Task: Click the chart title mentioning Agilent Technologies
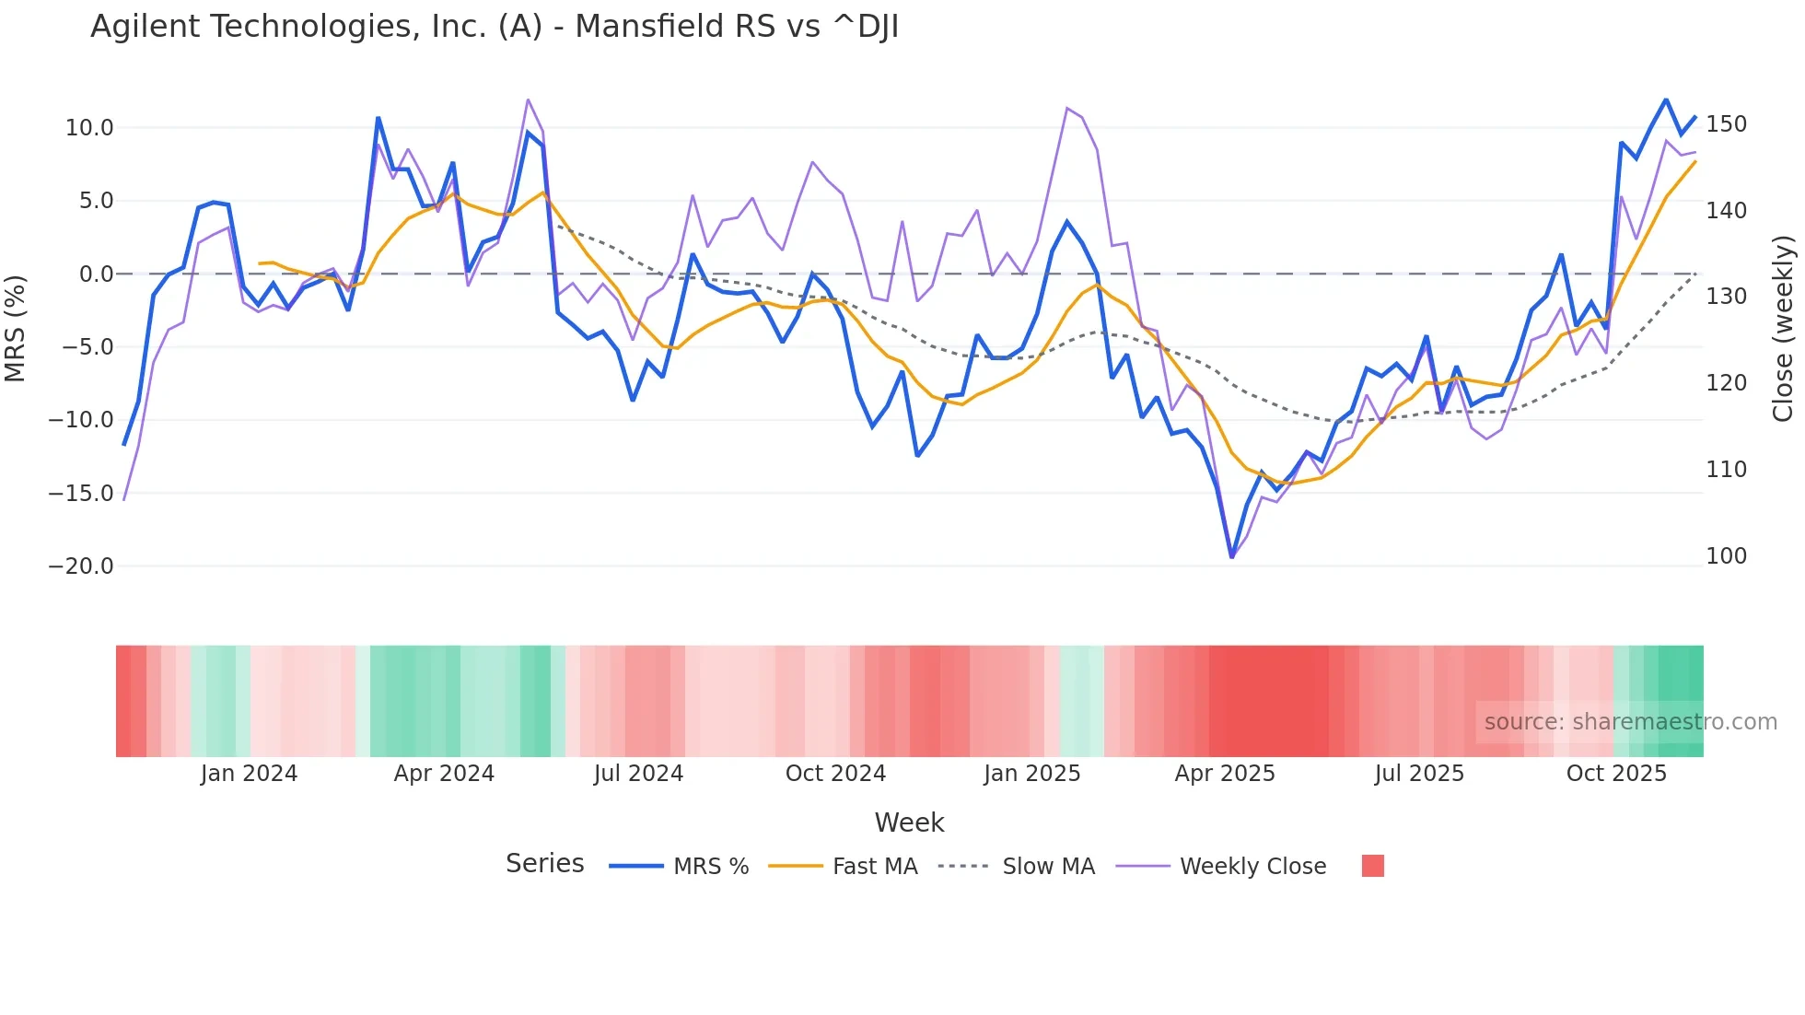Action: tap(495, 27)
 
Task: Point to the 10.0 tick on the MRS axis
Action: tap(89, 128)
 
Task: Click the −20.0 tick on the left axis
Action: tap(81, 566)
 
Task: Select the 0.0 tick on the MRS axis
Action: tap(96, 274)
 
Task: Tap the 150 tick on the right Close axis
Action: tap(1726, 124)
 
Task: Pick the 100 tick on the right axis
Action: tap(1726, 556)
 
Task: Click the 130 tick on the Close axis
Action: tap(1726, 297)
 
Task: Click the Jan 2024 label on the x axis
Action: tap(249, 774)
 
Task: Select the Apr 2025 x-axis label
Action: tap(1225, 774)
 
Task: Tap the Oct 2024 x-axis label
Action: tap(835, 774)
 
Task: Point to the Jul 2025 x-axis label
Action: tap(1419, 774)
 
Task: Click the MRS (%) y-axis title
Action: tap(16, 328)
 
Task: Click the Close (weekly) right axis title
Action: tap(1784, 328)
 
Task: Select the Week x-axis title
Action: tap(909, 822)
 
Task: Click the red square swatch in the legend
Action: tap(1372, 866)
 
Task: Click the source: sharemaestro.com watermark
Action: tap(1630, 722)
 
